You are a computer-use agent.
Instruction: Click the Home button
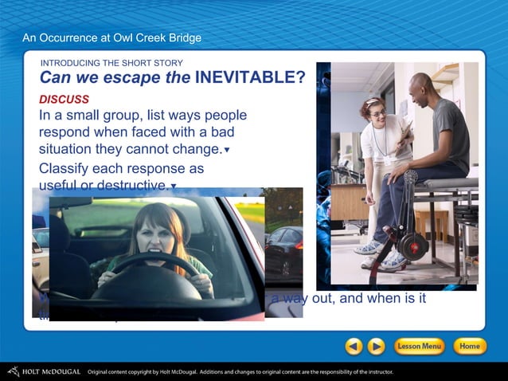point(469,346)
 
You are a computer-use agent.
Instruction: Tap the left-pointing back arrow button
point(354,346)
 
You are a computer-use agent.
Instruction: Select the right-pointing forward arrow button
point(376,346)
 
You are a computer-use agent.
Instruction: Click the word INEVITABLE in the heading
point(250,77)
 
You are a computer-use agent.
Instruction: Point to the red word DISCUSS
point(64,100)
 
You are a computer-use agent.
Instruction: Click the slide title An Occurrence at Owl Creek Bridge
point(111,37)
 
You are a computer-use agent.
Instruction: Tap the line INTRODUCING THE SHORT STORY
point(111,63)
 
